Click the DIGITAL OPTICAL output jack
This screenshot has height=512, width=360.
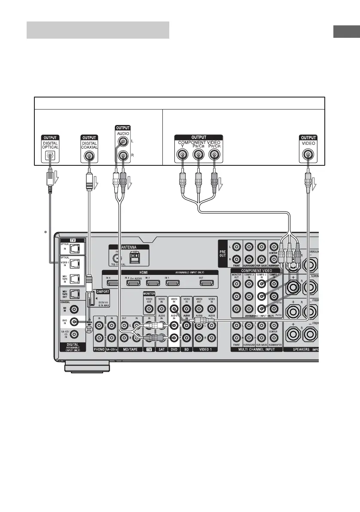(50, 156)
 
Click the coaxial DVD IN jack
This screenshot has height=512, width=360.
(75, 321)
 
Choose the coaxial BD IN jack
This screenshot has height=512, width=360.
(75, 309)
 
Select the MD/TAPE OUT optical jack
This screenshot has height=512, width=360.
(76, 295)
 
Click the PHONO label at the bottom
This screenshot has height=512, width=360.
(99, 349)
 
